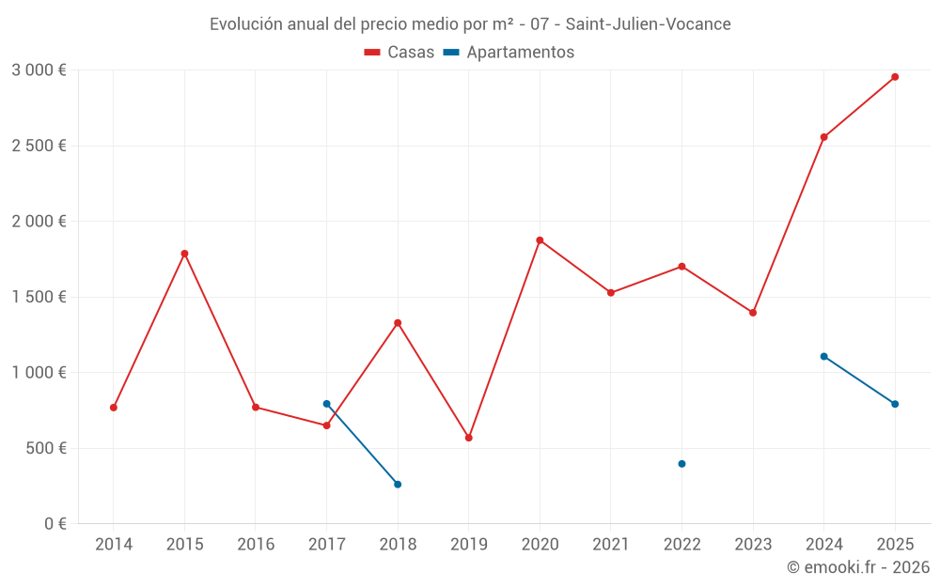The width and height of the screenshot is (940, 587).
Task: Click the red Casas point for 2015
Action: (184, 254)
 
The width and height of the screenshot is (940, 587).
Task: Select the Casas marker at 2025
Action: (895, 77)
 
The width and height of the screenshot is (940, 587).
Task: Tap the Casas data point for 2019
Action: (469, 438)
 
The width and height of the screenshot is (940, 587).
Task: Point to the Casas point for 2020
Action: (540, 240)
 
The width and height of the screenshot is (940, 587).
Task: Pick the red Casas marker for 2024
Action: (824, 137)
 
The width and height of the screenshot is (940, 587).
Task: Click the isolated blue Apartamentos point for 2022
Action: (681, 464)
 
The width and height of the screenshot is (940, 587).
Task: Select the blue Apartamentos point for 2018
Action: (398, 485)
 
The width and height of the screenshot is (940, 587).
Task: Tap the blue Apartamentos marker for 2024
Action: (824, 357)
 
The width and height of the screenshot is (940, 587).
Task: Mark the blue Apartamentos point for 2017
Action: (326, 404)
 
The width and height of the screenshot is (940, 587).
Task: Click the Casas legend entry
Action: (399, 53)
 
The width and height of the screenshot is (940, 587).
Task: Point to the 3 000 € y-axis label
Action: (39, 70)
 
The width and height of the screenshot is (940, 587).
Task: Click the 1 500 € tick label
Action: (39, 297)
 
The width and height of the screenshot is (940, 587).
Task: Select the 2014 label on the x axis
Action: (114, 545)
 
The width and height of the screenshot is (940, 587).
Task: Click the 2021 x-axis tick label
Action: (611, 545)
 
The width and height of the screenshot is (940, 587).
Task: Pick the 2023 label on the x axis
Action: (753, 545)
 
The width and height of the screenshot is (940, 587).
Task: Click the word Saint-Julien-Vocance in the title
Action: (648, 24)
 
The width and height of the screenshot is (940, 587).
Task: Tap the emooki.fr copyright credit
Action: (858, 567)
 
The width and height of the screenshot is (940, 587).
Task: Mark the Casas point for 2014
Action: (114, 408)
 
